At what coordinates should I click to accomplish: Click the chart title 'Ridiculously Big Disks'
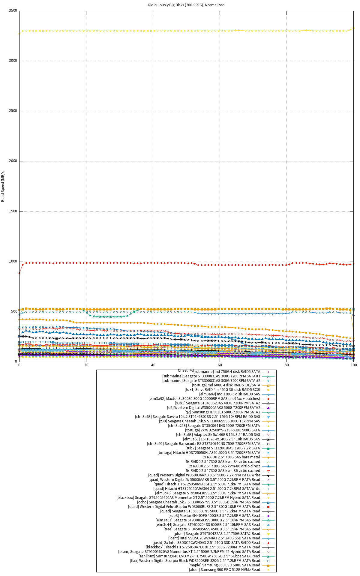(x=186, y=5)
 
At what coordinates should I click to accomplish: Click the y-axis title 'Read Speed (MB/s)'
(x=3, y=186)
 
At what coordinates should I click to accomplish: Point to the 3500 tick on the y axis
(x=13, y=10)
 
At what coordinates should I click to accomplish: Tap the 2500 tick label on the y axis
(x=13, y=111)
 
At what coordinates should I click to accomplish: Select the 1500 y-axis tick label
(x=13, y=211)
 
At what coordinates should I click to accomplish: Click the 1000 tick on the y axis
(x=13, y=261)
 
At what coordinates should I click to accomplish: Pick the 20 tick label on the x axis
(x=86, y=365)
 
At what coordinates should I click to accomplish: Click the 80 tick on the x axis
(x=287, y=365)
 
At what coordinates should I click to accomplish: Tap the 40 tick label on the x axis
(x=153, y=365)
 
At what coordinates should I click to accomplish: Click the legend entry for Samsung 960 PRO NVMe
(x=224, y=570)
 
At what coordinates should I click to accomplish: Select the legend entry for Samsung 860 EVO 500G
(x=224, y=565)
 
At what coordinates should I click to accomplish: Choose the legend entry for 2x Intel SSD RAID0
(x=206, y=543)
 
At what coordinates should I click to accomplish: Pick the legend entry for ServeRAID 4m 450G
(x=222, y=390)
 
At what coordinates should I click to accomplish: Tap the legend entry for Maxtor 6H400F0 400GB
(x=214, y=516)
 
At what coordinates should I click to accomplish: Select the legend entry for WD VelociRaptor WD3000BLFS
(x=194, y=507)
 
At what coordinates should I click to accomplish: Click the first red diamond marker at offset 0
(x=19, y=273)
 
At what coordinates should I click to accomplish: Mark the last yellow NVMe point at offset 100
(x=353, y=28)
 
